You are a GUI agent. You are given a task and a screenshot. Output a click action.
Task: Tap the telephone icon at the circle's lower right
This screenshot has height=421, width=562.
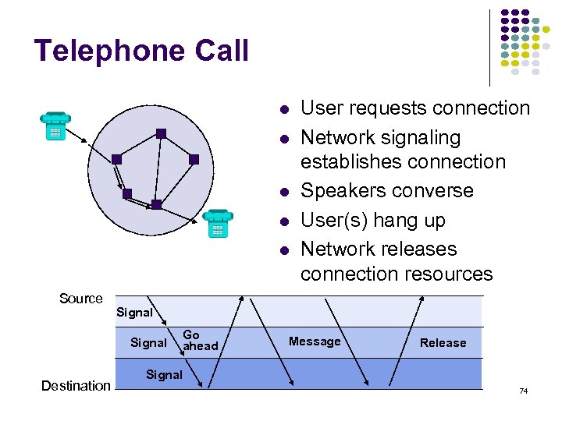click(x=217, y=223)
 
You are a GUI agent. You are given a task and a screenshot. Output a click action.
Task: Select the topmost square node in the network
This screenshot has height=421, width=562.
click(x=160, y=133)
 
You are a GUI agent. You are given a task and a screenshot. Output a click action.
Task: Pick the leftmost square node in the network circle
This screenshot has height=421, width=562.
click(x=116, y=159)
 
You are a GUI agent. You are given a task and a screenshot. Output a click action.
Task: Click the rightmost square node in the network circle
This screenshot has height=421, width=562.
click(x=194, y=159)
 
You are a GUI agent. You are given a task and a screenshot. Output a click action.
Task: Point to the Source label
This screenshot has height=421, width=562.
click(x=81, y=299)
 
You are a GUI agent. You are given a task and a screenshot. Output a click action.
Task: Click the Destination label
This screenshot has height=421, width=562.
click(x=76, y=385)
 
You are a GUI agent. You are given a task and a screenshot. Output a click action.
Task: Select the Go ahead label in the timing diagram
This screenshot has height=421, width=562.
click(x=200, y=340)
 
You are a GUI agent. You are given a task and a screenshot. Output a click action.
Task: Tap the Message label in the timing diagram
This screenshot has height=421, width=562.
click(x=315, y=341)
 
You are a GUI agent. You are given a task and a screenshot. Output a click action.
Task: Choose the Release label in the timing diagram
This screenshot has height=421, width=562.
click(x=443, y=342)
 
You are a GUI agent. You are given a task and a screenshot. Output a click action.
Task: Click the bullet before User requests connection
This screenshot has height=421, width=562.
click(x=286, y=109)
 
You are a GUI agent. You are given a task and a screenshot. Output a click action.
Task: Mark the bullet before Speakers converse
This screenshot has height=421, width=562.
click(x=286, y=192)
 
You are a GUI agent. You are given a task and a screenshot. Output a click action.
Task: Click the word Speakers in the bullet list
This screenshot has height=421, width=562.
click(x=340, y=191)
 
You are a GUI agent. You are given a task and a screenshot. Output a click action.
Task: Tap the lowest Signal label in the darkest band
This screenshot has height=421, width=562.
click(x=164, y=374)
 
